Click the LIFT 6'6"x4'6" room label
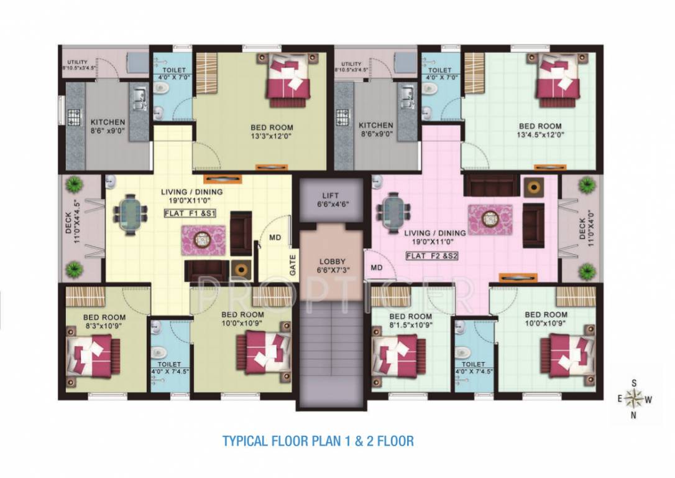click(329, 200)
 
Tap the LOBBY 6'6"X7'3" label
click(329, 266)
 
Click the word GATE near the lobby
click(292, 266)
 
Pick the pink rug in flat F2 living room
click(490, 219)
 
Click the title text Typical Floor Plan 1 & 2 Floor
click(318, 441)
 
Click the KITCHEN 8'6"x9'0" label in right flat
click(376, 129)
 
